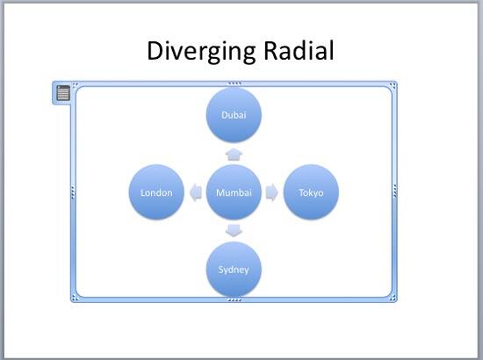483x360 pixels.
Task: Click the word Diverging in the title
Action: click(200, 51)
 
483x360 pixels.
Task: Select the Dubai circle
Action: click(234, 115)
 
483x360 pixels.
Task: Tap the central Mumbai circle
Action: click(234, 192)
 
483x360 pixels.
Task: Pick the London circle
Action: click(156, 192)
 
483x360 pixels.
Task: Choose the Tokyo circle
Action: click(311, 192)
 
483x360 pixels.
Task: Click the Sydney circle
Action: click(234, 268)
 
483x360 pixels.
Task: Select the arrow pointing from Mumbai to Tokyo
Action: click(272, 192)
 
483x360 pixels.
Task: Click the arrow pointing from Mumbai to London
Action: click(195, 192)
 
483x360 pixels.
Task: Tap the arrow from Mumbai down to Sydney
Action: click(234, 230)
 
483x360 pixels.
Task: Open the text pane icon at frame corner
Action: click(63, 92)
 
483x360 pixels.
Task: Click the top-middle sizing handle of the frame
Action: click(234, 83)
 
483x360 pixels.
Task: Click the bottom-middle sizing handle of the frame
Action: click(234, 300)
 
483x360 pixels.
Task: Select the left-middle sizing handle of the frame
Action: click(73, 192)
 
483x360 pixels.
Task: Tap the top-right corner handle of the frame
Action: click(394, 85)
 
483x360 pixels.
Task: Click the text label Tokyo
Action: click(311, 192)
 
